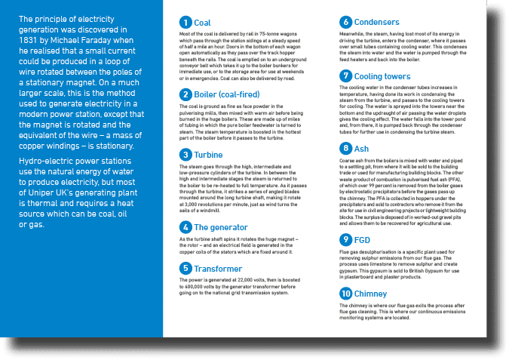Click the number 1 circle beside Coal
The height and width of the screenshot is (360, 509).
186,23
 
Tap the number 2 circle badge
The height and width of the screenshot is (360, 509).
186,94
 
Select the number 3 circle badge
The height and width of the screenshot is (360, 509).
186,155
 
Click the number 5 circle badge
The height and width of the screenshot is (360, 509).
186,268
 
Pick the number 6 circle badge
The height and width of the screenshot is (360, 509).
346,22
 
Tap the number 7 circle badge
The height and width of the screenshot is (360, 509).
346,76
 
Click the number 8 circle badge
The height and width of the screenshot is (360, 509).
346,148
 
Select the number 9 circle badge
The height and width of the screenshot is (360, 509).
346,239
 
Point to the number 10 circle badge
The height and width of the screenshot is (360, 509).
346,293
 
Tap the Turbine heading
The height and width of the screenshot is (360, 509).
209,155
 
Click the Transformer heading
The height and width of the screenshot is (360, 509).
218,268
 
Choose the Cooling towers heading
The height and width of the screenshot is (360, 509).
382,76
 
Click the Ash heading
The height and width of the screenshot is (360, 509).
361,148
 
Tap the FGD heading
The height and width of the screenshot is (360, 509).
362,239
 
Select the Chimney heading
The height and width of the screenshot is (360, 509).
372,293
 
